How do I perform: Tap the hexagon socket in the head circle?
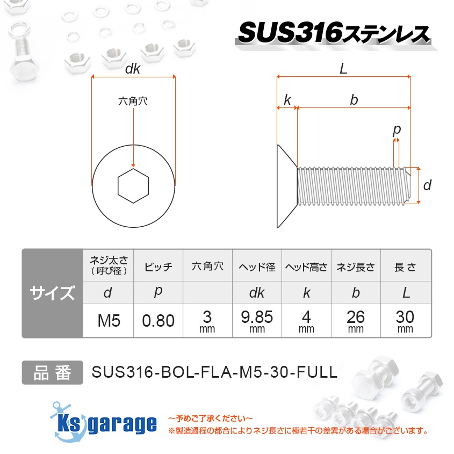point(133,186)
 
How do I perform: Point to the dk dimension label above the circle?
point(133,69)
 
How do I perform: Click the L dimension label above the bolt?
point(344,68)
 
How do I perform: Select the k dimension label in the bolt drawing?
point(287,99)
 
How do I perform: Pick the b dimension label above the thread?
point(354,99)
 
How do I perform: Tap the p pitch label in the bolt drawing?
point(397,129)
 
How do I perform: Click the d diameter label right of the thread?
point(427,186)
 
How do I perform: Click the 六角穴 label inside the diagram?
point(133,100)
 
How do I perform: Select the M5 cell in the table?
point(109,321)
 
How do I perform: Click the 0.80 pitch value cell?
point(158,321)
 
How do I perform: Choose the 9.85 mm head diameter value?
point(257,321)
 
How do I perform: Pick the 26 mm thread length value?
point(356,321)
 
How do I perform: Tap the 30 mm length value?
point(405,321)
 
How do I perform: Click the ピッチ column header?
point(158,267)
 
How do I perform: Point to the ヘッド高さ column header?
point(306,267)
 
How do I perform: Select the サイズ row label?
point(52,293)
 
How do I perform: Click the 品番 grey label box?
point(52,372)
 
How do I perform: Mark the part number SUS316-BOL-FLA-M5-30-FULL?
point(214,372)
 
